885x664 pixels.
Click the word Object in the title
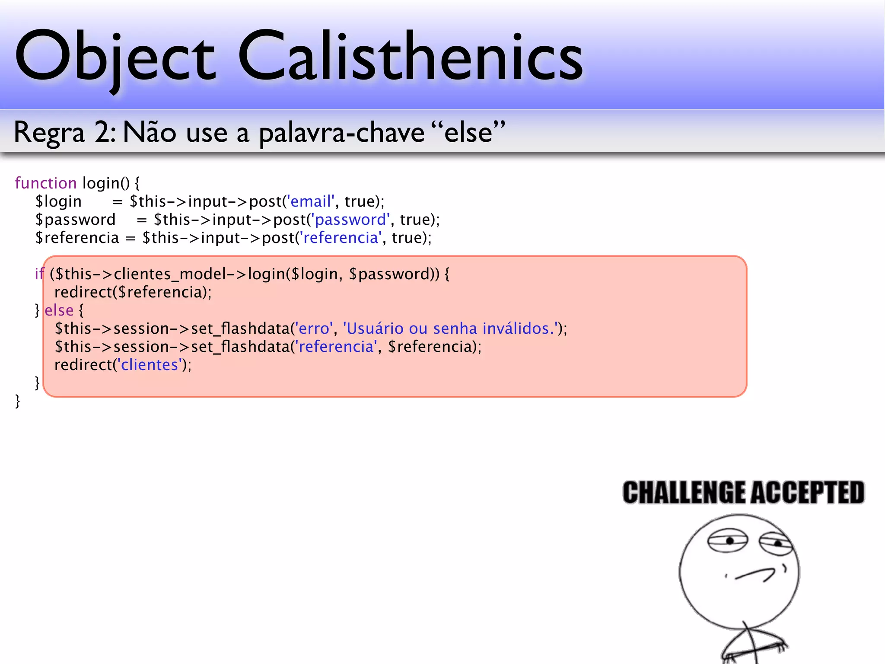click(x=115, y=56)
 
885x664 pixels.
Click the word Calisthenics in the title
click(x=411, y=56)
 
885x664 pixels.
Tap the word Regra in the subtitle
click(x=49, y=132)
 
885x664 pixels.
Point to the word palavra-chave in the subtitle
click(x=341, y=133)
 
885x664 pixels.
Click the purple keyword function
click(x=46, y=183)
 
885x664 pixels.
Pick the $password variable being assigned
click(x=76, y=220)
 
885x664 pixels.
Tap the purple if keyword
click(x=39, y=274)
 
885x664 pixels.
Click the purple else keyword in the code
click(x=59, y=310)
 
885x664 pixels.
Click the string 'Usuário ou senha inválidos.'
click(x=450, y=329)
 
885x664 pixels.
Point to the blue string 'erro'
click(x=314, y=329)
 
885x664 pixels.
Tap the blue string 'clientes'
click(x=150, y=365)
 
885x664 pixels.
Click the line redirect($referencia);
click(x=133, y=292)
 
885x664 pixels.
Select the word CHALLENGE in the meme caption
click(x=684, y=493)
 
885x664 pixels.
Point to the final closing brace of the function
click(x=18, y=401)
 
